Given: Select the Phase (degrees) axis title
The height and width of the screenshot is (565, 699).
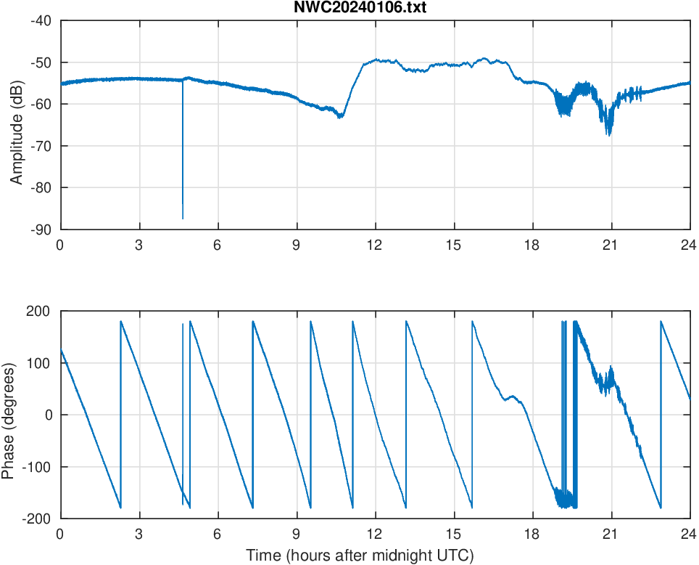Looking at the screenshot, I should point(9,415).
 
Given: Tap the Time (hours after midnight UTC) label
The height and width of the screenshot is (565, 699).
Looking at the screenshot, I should point(360,556).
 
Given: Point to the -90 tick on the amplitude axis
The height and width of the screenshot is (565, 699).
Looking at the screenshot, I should point(41,229).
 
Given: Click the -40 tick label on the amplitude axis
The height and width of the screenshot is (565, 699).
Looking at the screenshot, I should point(41,20).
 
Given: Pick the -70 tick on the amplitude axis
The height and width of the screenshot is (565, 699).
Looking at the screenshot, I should point(41,146).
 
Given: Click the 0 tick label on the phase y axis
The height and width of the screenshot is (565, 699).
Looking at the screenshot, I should point(48,415).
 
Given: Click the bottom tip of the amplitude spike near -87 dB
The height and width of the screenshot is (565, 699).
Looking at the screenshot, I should point(183,219).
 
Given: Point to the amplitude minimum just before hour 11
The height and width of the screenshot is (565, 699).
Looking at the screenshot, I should point(340,117).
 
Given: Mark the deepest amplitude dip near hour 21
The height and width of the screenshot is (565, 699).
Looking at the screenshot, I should point(609,135).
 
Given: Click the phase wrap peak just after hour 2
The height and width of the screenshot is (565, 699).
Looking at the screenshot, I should point(121,321).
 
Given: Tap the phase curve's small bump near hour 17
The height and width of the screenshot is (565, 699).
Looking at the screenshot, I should point(513,396).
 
